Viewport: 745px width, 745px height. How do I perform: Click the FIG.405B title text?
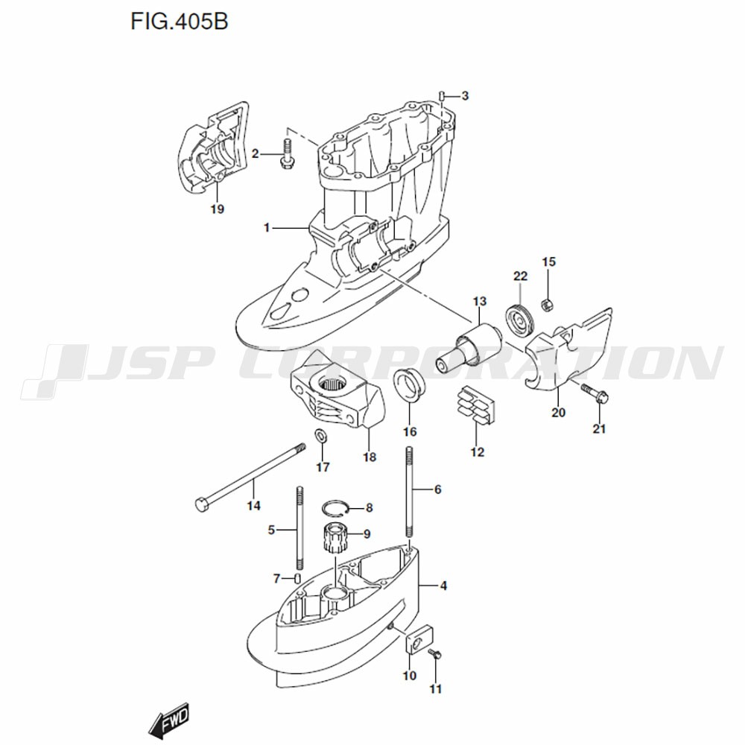(179, 22)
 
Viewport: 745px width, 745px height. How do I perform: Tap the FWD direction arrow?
(169, 717)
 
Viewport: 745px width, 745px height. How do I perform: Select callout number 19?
(217, 209)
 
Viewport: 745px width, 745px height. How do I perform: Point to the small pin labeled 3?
(441, 95)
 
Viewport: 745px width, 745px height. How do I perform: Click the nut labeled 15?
(548, 304)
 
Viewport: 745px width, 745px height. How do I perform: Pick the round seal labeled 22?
(520, 320)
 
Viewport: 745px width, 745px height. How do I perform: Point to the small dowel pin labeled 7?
(297, 578)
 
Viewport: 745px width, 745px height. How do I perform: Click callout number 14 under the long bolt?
(254, 506)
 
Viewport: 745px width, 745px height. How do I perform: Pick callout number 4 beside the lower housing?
(443, 586)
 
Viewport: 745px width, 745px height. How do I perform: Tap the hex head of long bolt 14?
(203, 504)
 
